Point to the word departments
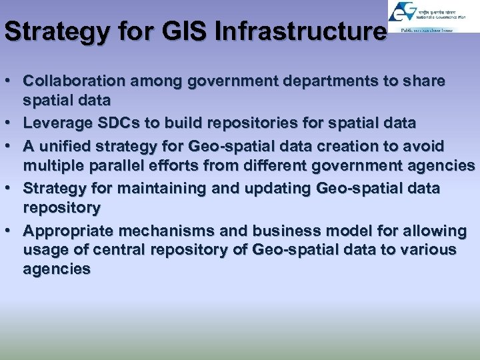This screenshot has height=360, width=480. coord(320,81)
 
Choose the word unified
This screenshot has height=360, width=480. coord(64,145)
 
